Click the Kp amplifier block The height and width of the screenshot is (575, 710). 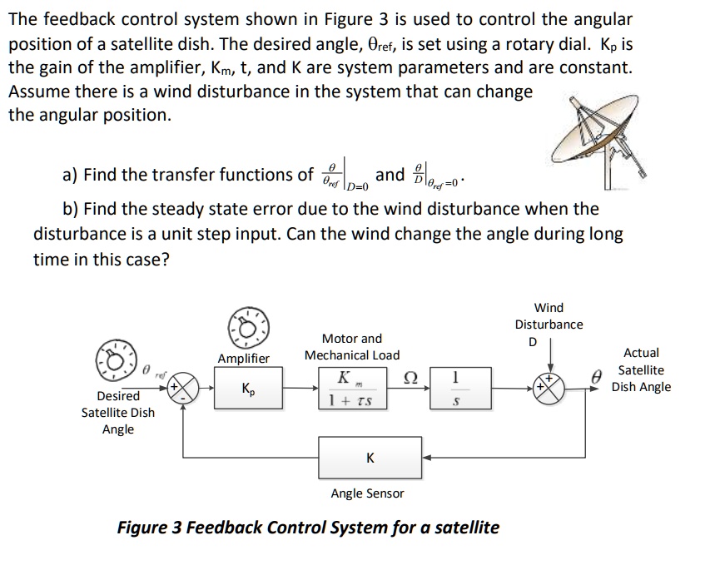pyautogui.click(x=248, y=389)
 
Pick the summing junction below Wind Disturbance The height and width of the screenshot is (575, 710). pyautogui.click(x=550, y=389)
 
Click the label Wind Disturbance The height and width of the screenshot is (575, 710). pyautogui.click(x=549, y=315)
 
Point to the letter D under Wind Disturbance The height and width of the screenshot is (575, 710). pyautogui.click(x=534, y=342)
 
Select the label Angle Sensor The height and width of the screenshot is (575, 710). pyautogui.click(x=367, y=493)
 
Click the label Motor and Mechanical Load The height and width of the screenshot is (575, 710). pyautogui.click(x=351, y=346)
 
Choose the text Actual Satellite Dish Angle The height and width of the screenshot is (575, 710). pyautogui.click(x=641, y=370)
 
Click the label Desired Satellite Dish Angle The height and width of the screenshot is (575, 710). pyautogui.click(x=117, y=413)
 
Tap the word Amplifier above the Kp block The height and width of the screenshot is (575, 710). pyautogui.click(x=244, y=358)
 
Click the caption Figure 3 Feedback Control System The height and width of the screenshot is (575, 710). pyautogui.click(x=308, y=528)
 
